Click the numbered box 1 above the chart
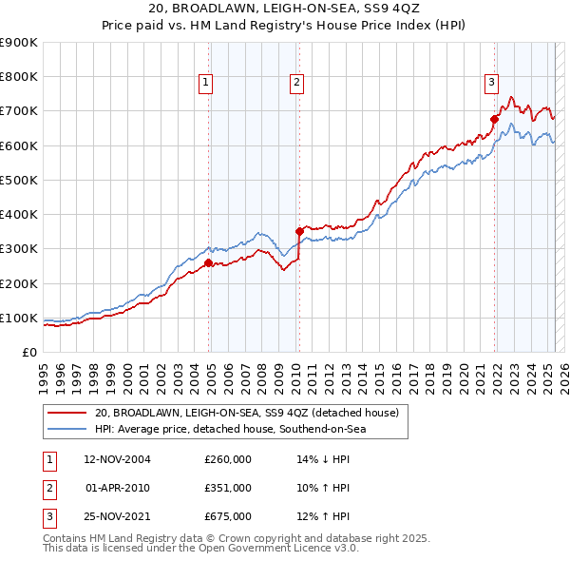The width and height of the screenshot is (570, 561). (x=205, y=84)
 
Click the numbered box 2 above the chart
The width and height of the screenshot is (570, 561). (x=296, y=84)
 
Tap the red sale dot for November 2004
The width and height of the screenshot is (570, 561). (x=209, y=262)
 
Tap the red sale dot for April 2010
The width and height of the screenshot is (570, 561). (x=299, y=231)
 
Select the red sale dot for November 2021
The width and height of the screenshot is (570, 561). (x=495, y=120)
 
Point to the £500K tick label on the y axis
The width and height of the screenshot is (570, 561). (x=19, y=180)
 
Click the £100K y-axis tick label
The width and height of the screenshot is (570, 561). (x=19, y=318)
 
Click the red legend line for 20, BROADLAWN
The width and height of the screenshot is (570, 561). (x=68, y=413)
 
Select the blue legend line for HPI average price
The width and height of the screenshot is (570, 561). (x=68, y=430)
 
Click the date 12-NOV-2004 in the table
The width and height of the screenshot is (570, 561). (x=118, y=459)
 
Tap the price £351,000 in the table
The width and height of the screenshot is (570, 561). (x=228, y=488)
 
